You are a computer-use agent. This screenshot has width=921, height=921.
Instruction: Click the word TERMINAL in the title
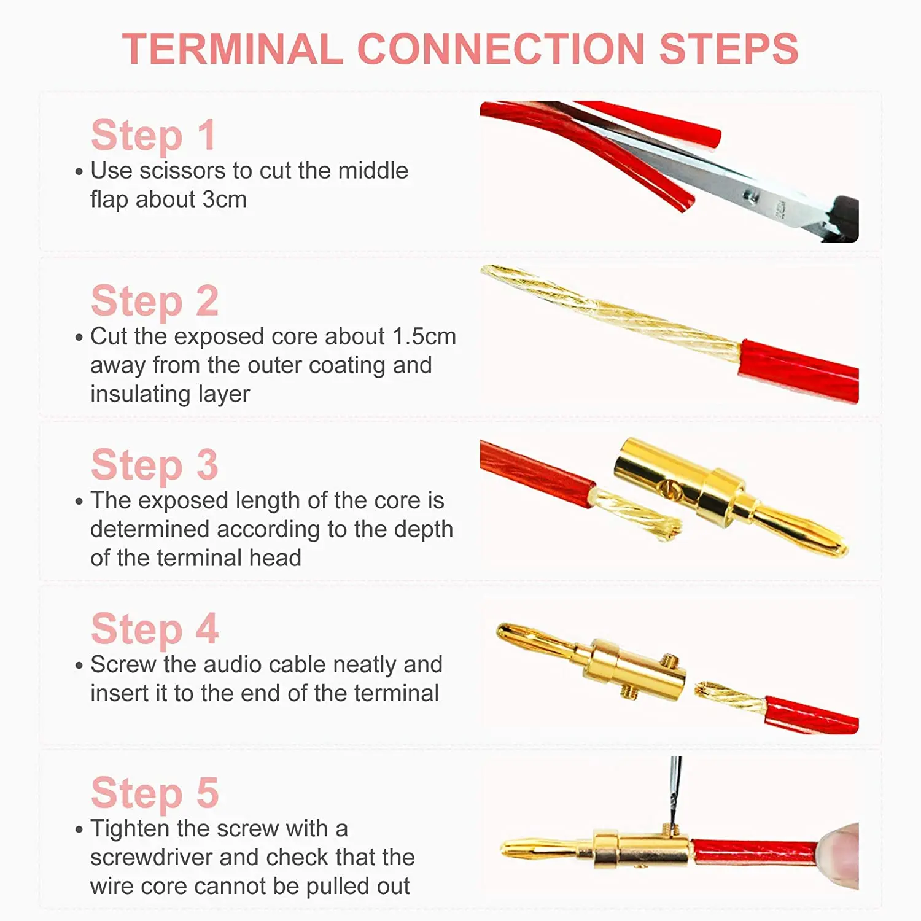pos(233,49)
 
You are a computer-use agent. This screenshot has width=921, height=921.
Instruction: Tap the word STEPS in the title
pos(729,49)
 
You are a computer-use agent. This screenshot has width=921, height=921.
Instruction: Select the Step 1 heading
pos(153,136)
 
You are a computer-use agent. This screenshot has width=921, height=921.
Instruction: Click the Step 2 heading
pos(155,301)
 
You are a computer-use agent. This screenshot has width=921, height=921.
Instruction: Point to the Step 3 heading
pos(155,465)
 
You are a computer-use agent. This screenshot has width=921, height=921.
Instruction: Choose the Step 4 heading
pos(155,629)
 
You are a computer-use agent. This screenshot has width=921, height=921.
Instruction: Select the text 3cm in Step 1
pos(225,200)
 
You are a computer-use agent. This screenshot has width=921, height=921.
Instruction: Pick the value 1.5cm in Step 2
pos(424,336)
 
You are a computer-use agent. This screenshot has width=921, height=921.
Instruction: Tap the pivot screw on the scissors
pos(749,196)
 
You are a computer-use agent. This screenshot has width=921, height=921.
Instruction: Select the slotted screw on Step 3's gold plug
pos(669,489)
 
